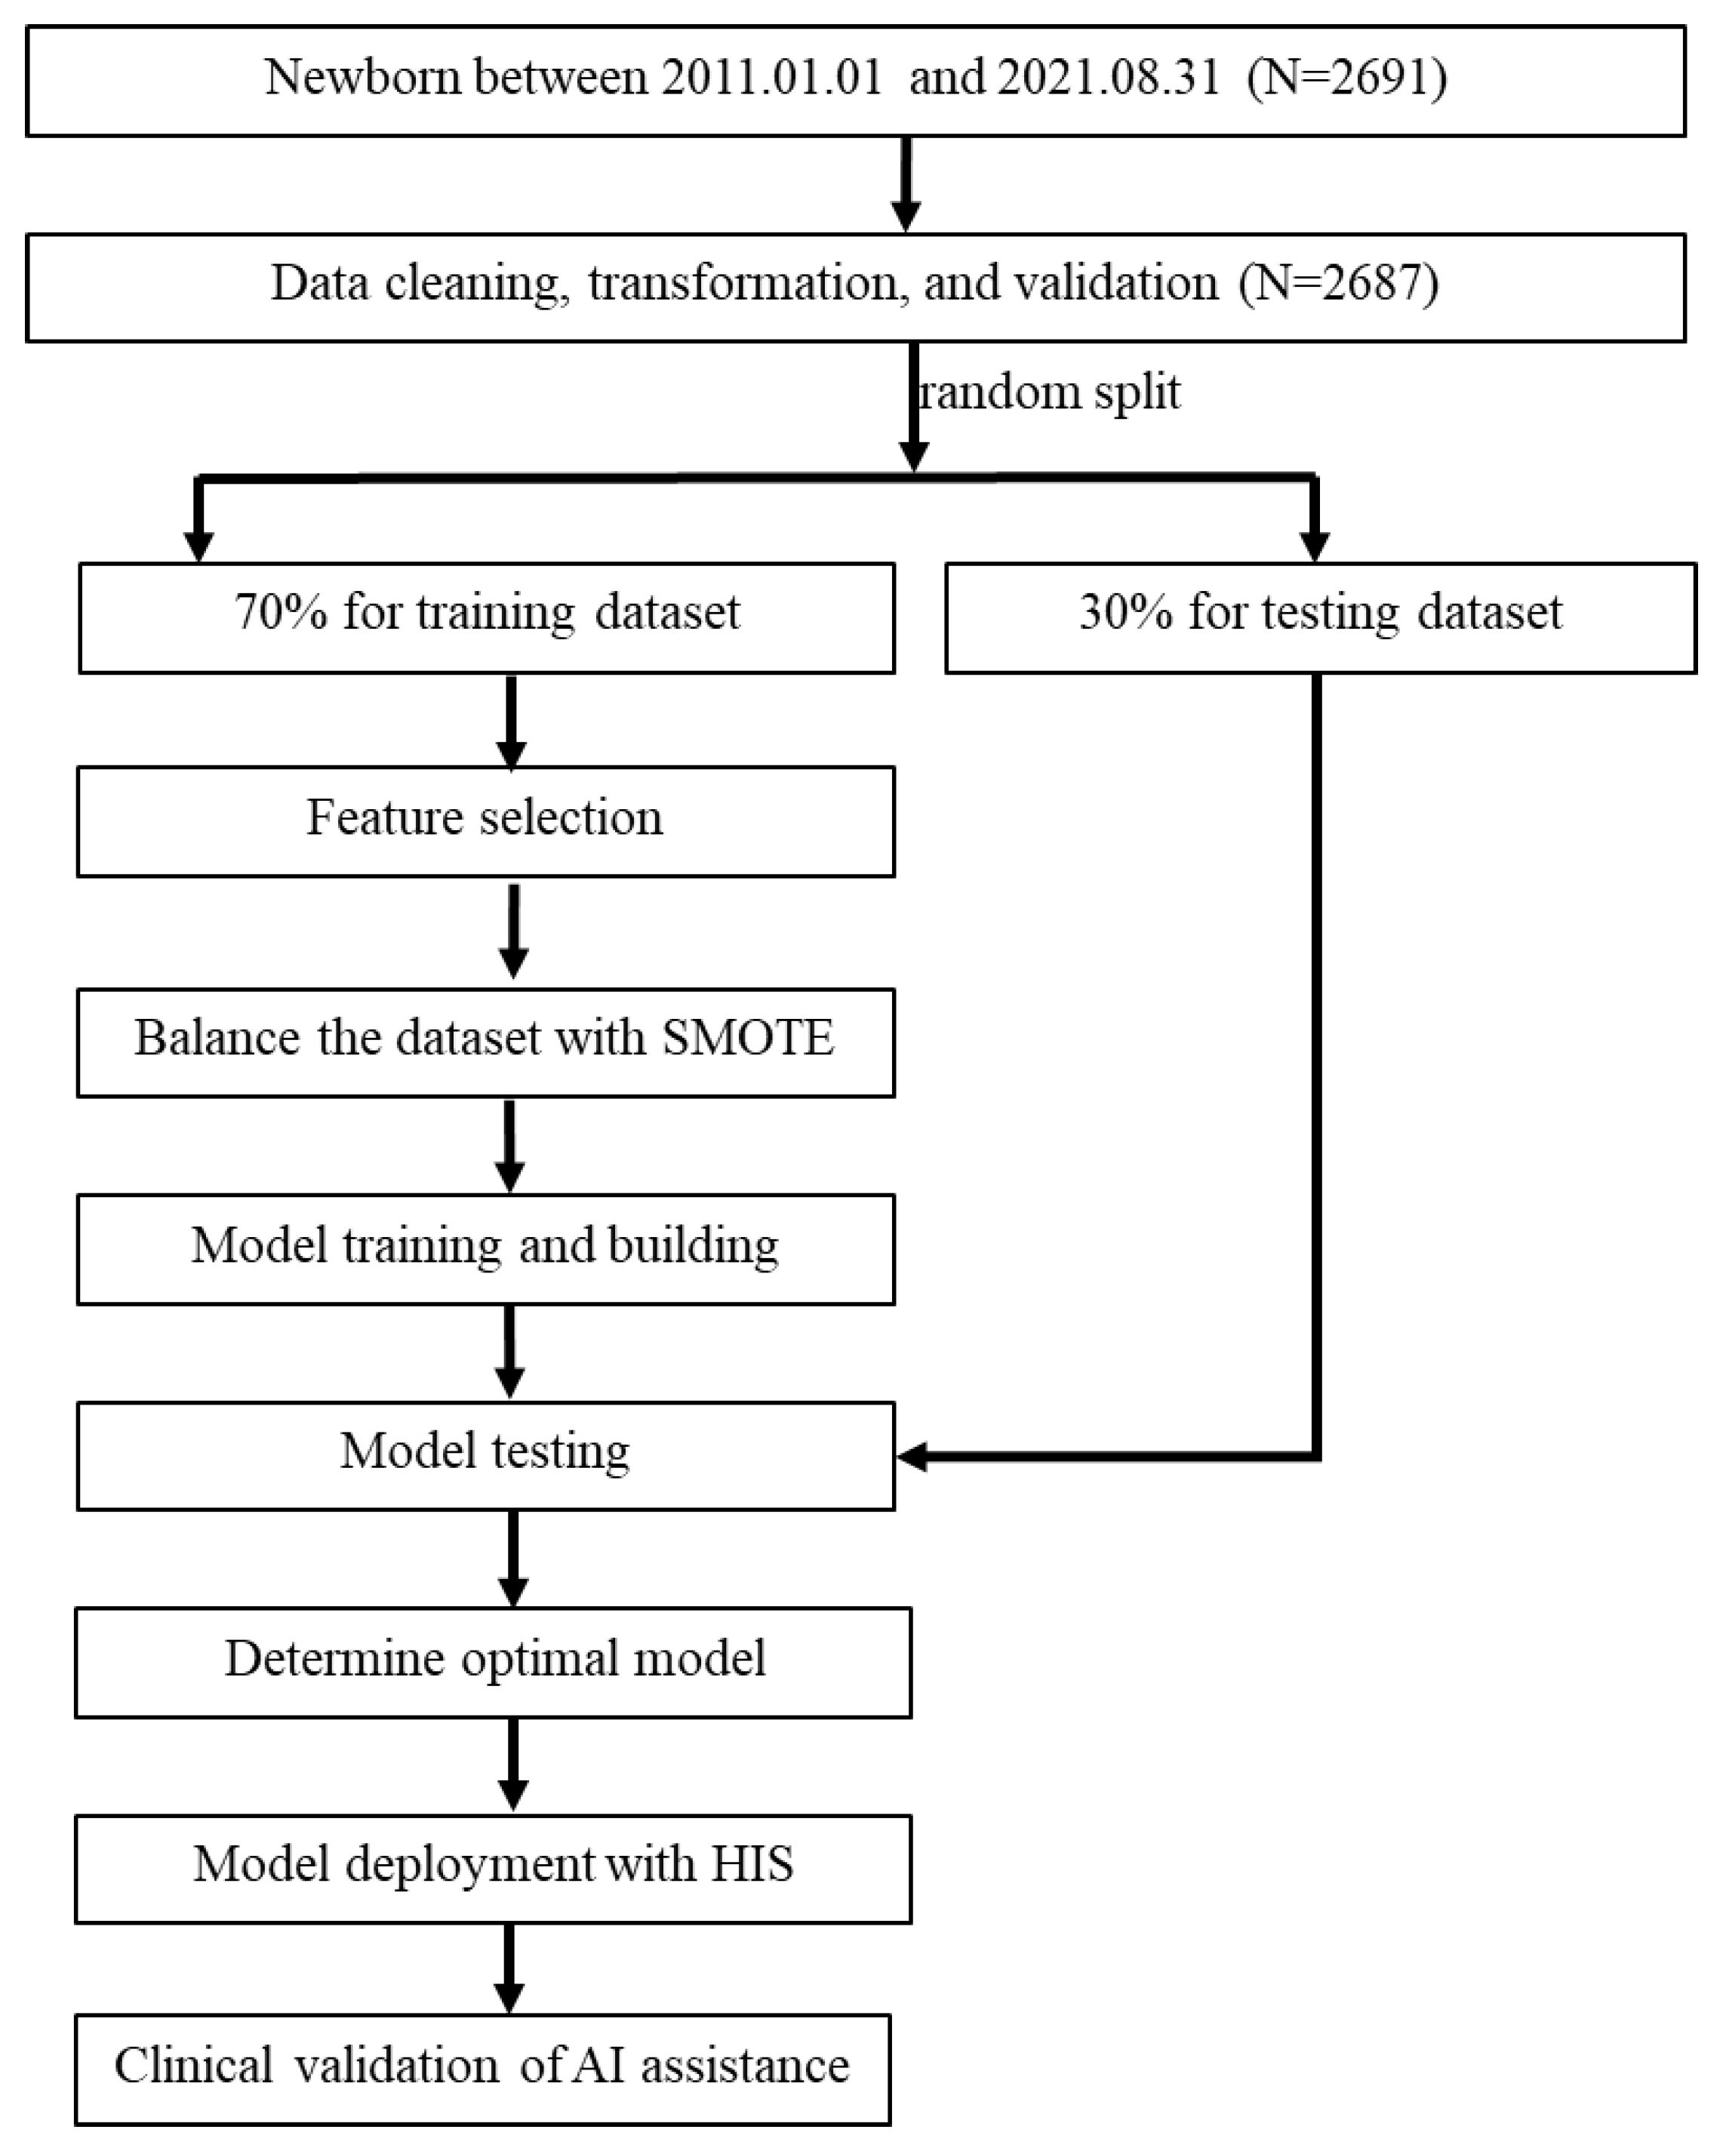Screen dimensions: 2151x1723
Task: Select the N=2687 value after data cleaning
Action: click(x=1339, y=283)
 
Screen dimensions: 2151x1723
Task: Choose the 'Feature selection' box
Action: click(x=486, y=821)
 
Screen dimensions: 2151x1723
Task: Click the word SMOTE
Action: click(x=747, y=1039)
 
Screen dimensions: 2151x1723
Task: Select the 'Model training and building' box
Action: click(x=486, y=1248)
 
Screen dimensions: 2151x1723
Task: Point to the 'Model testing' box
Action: click(x=486, y=1456)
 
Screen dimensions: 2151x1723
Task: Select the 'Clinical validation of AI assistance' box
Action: click(x=483, y=2068)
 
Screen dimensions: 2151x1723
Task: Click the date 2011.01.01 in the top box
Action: click(x=771, y=78)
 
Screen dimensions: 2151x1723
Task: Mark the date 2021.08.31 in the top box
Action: click(x=1107, y=78)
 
